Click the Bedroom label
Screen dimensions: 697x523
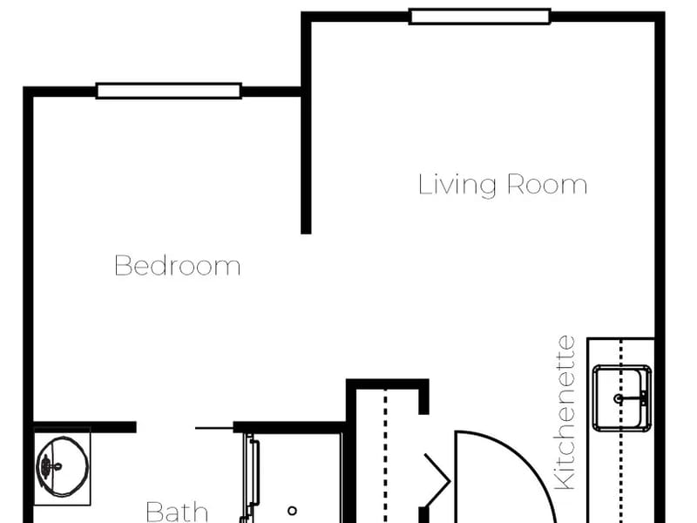point(178,266)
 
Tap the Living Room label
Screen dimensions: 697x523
point(503,185)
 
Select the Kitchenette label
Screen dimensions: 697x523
point(565,412)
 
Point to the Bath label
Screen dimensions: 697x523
point(177,512)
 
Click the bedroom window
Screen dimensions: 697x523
point(169,91)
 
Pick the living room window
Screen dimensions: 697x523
point(480,17)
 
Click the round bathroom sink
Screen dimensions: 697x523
point(62,466)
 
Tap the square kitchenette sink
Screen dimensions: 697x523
point(622,398)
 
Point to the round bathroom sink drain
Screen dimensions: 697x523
point(46,465)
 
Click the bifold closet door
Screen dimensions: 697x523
point(438,480)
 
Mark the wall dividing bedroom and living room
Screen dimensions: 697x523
point(306,162)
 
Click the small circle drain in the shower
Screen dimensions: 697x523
point(292,511)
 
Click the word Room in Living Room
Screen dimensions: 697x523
point(547,185)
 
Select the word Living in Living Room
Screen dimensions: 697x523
point(457,185)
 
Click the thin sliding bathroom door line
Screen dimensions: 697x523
point(214,428)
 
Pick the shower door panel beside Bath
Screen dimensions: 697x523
point(250,478)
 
